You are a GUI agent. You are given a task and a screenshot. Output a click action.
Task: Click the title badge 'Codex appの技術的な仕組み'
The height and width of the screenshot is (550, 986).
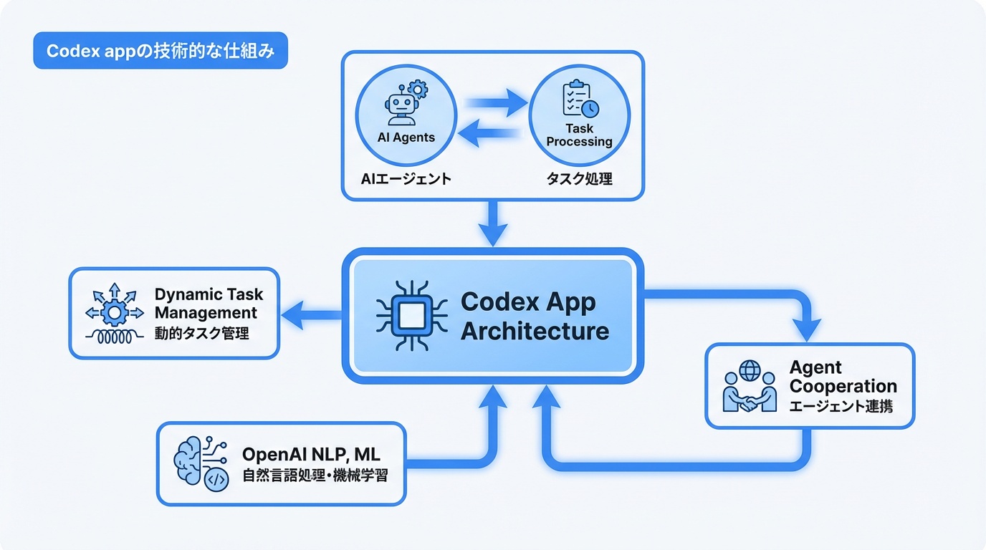[161, 52]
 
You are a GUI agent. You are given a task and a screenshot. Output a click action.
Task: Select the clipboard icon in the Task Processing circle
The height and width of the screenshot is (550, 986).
[579, 100]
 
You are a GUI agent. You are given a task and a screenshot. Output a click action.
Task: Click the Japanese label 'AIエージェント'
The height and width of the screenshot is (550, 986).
[406, 178]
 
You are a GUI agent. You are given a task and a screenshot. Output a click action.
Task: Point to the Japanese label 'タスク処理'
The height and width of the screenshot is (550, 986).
[579, 178]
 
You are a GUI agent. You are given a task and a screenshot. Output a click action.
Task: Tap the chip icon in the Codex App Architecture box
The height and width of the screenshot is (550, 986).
[408, 316]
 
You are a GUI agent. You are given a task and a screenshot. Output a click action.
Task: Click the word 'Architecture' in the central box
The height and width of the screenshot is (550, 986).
[535, 332]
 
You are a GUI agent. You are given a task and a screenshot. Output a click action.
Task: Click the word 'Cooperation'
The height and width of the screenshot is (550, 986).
[843, 387]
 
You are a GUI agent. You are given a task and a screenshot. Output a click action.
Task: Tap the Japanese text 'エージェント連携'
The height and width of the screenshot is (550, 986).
[841, 407]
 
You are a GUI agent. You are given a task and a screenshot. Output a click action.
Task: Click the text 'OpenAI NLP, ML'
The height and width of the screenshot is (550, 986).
[311, 454]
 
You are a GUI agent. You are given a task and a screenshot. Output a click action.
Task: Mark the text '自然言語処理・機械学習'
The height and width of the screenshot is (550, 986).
[315, 475]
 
